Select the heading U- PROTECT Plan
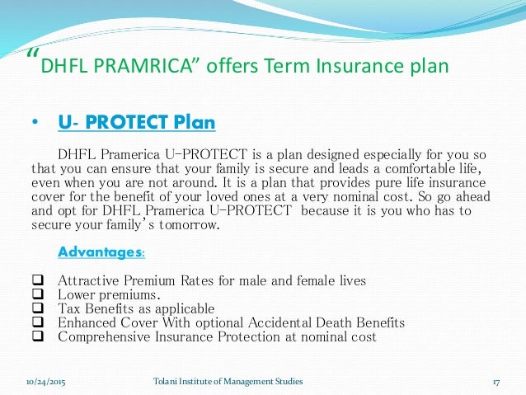pos(137,124)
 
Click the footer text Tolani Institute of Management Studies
pos(228,381)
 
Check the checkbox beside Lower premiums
pos(37,295)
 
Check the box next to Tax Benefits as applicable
pos(37,309)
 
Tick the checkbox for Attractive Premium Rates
pos(37,281)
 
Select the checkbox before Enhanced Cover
pos(37,323)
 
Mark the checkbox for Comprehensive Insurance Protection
pos(37,337)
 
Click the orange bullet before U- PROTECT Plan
pos(35,125)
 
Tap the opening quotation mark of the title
pos(32,54)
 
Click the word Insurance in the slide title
pos(357,66)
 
